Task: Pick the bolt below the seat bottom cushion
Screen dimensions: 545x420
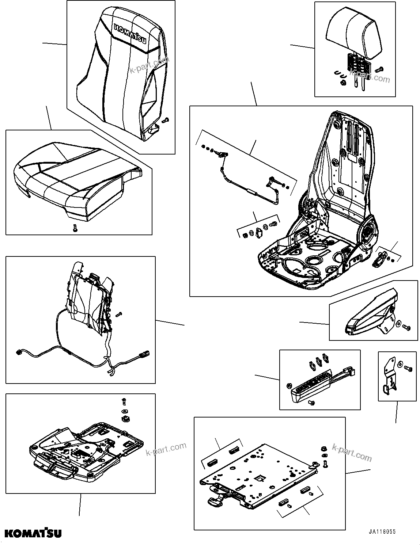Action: tap(75, 228)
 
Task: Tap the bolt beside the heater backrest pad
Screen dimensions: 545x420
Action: tap(118, 314)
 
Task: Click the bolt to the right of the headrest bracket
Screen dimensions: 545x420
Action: tap(379, 68)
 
